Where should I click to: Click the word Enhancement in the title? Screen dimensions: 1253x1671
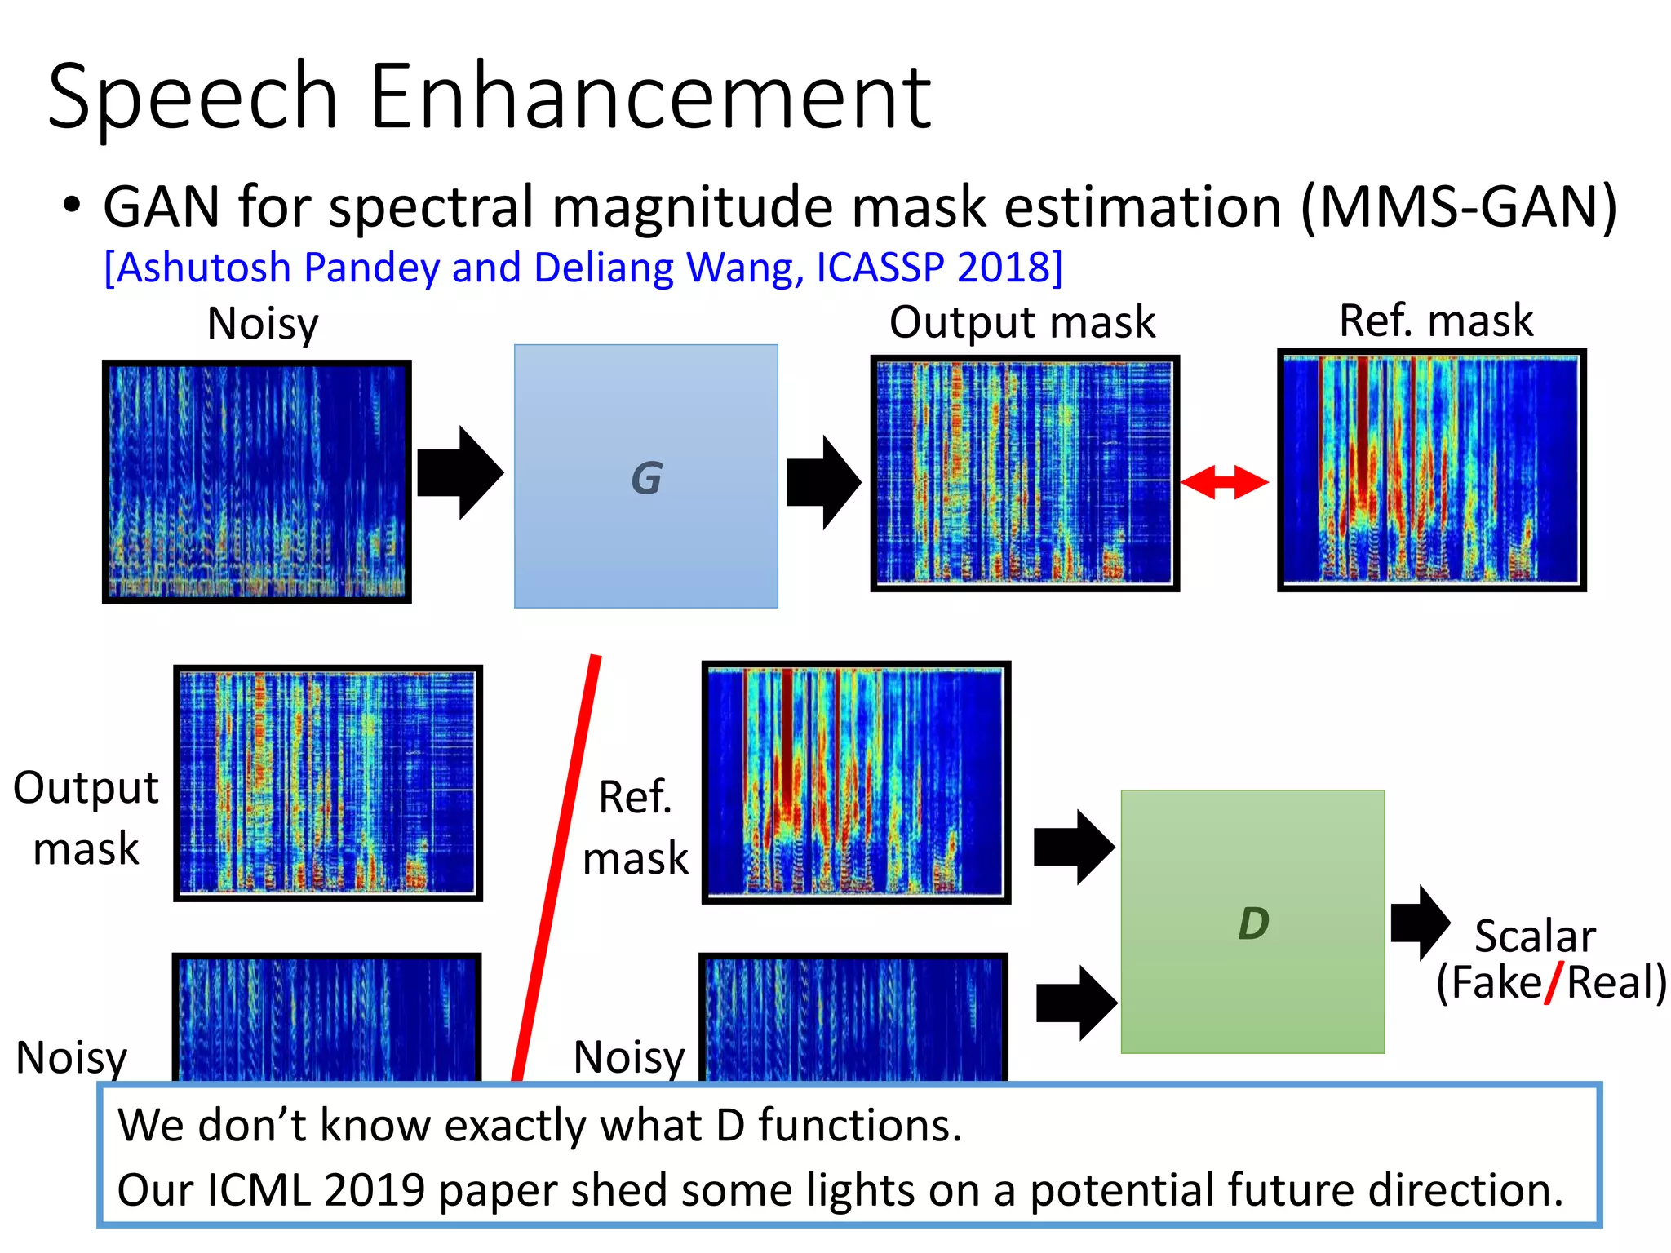650,98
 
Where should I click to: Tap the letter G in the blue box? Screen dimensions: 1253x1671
646,478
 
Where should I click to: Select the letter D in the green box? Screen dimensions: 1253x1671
1253,923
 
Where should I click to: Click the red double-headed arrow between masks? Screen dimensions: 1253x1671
1225,482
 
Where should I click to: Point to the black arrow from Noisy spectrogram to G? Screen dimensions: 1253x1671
459,472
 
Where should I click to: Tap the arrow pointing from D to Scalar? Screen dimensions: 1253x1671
1420,923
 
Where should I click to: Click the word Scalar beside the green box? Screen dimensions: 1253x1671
1535,936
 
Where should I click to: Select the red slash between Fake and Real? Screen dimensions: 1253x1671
1554,982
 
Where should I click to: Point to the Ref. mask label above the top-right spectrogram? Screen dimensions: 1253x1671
1435,320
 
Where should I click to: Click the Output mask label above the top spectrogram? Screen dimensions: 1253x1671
1022,321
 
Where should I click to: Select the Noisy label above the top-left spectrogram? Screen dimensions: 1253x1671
263,324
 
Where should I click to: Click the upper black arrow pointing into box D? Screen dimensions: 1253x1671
1073,848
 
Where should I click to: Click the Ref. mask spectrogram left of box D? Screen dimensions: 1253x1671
856,782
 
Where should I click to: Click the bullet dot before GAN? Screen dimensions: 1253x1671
72,205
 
